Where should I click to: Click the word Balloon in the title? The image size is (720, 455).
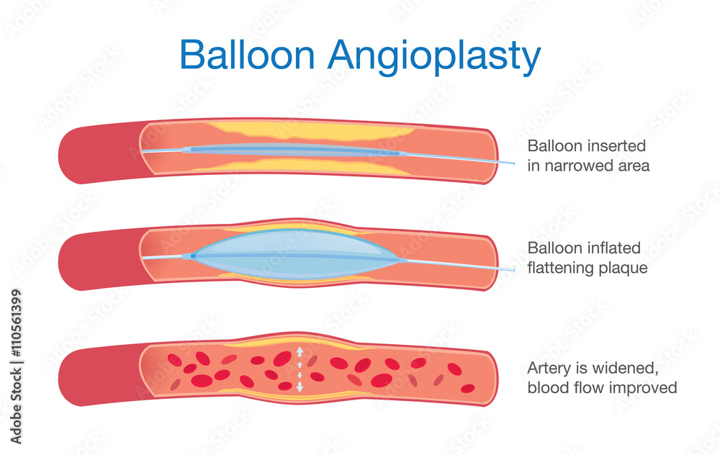[241, 55]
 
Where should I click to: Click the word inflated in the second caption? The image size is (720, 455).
[612, 248]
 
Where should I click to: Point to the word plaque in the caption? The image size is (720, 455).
[625, 269]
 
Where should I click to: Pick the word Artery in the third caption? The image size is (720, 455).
[546, 369]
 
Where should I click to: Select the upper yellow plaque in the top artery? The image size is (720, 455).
[310, 131]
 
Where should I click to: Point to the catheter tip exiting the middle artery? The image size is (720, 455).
[513, 270]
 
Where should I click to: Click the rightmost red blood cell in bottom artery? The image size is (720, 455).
[468, 389]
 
